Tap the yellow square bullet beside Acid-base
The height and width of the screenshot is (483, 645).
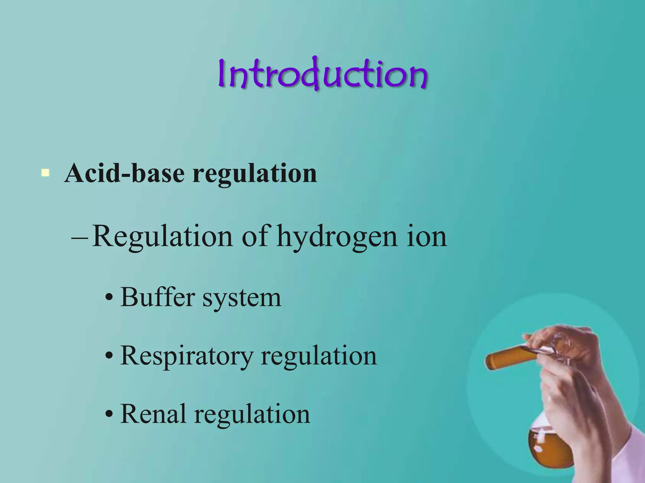45,173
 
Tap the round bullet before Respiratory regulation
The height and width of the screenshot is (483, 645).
109,356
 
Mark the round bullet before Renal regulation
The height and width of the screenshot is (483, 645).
109,415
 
